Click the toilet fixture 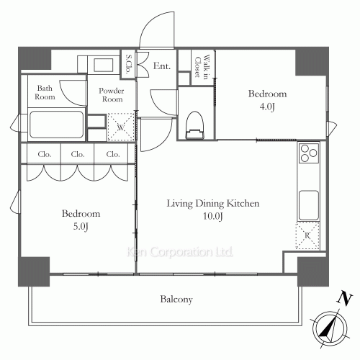coord(195,125)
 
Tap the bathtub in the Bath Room coord(56,125)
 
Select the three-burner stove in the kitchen coord(309,153)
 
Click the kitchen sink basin coord(309,205)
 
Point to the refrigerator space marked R coord(307,235)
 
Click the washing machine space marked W coord(121,127)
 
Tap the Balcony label coord(176,300)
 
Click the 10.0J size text coord(213,216)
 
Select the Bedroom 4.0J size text coord(267,107)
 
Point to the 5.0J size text coord(81,227)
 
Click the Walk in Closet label coord(202,66)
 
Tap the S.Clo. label coord(128,64)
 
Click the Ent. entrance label coord(162,66)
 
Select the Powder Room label coord(112,95)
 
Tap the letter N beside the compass coord(345,299)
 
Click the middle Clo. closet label coord(78,154)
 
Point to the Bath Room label coord(45,92)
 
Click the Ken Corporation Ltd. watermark coord(179,252)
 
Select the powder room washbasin coord(104,65)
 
